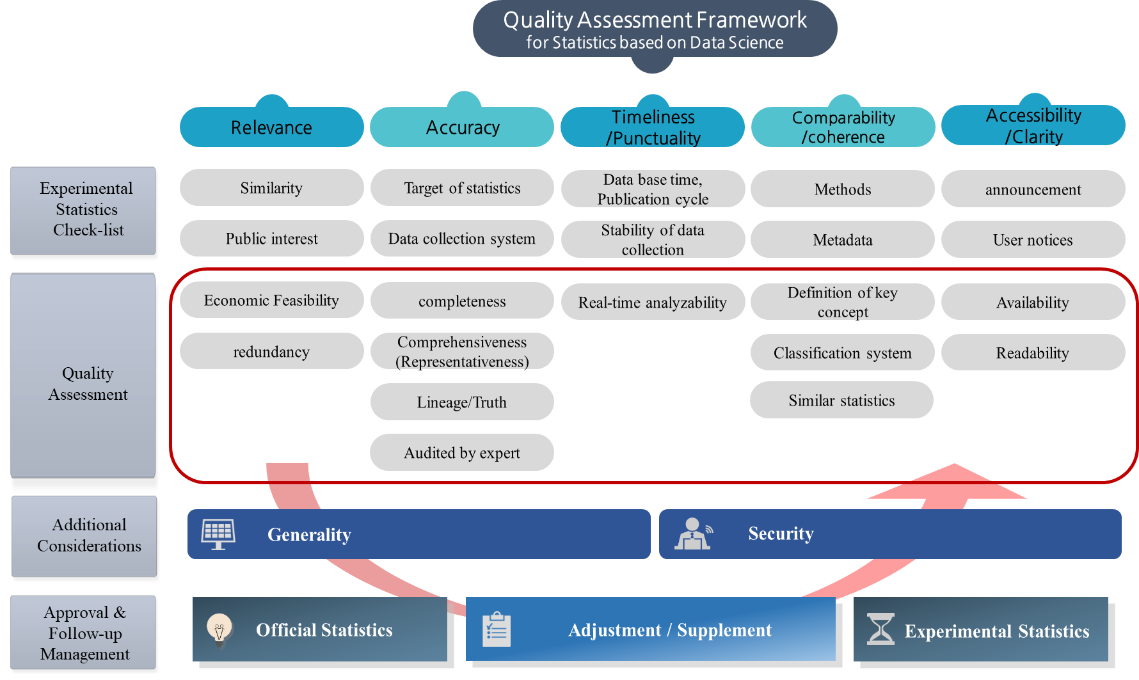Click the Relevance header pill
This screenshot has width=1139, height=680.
tap(272, 127)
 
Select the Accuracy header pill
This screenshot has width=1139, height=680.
tap(462, 127)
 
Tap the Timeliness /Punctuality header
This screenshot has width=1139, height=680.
tap(653, 127)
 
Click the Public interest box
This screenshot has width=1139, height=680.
tap(272, 239)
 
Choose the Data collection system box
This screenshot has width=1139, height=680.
tap(462, 239)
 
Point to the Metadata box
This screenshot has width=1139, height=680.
tap(843, 240)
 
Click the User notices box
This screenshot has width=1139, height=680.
tap(1033, 240)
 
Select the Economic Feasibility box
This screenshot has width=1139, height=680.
tap(272, 300)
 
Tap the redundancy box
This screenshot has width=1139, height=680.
tap(272, 351)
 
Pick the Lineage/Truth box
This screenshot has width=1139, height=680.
tap(462, 402)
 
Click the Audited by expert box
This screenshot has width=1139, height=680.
tap(462, 452)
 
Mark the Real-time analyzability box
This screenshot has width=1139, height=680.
tap(653, 302)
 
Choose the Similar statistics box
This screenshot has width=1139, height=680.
tap(841, 400)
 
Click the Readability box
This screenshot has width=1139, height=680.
tap(1033, 352)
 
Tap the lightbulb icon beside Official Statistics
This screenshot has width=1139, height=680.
tap(219, 631)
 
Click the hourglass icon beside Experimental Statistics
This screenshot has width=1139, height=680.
tap(880, 629)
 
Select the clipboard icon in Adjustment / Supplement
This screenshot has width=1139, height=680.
tap(497, 629)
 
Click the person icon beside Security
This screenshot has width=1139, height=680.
tap(694, 534)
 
